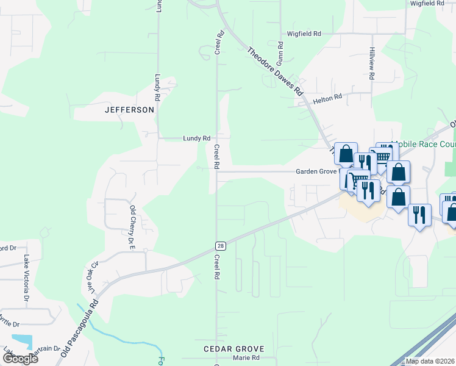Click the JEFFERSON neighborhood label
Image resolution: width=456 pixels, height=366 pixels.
click(129, 110)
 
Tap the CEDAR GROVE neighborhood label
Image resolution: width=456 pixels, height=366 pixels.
click(230, 349)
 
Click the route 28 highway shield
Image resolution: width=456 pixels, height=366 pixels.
click(220, 245)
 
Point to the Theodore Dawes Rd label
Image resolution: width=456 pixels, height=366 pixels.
click(275, 70)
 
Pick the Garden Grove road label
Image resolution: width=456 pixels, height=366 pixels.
click(317, 171)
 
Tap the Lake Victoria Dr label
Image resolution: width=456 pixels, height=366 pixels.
click(26, 278)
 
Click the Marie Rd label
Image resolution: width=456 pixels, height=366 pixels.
click(247, 358)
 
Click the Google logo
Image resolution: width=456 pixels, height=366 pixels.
click(20, 358)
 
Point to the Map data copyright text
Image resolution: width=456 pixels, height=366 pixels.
click(430, 361)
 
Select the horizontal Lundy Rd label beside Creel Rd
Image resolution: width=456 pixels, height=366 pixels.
click(196, 138)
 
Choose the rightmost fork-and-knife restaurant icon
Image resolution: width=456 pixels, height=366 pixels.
click(419, 215)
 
